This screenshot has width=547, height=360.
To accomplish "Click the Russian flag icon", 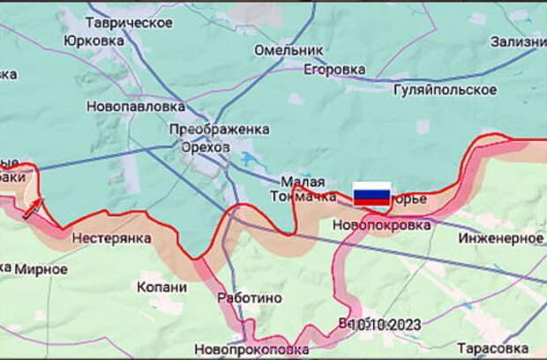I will [371, 194].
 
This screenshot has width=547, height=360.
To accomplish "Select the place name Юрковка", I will [94, 41].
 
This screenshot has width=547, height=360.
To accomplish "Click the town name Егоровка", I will [333, 69].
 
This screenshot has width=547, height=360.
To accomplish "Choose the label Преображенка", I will [220, 129].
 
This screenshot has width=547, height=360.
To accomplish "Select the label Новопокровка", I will [382, 225].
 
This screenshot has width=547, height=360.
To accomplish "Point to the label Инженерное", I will [504, 238].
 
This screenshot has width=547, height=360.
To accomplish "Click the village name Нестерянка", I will [111, 238].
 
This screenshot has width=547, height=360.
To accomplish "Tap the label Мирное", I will [41, 269].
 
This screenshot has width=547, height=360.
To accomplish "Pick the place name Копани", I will [162, 287].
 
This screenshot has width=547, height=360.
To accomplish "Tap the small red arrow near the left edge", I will [34, 206].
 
